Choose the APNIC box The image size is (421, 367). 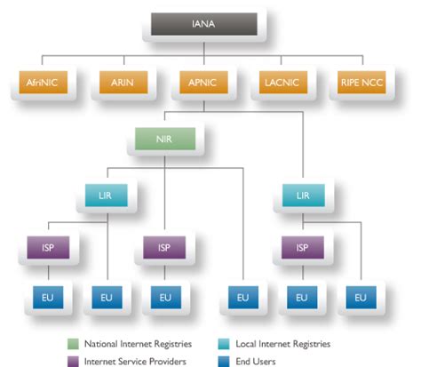[203, 84]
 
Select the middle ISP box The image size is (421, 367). [165, 246]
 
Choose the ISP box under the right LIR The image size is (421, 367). [302, 246]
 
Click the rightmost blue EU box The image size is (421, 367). [361, 297]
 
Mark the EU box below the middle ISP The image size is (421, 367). [165, 297]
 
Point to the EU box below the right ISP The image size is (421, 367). [302, 297]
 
